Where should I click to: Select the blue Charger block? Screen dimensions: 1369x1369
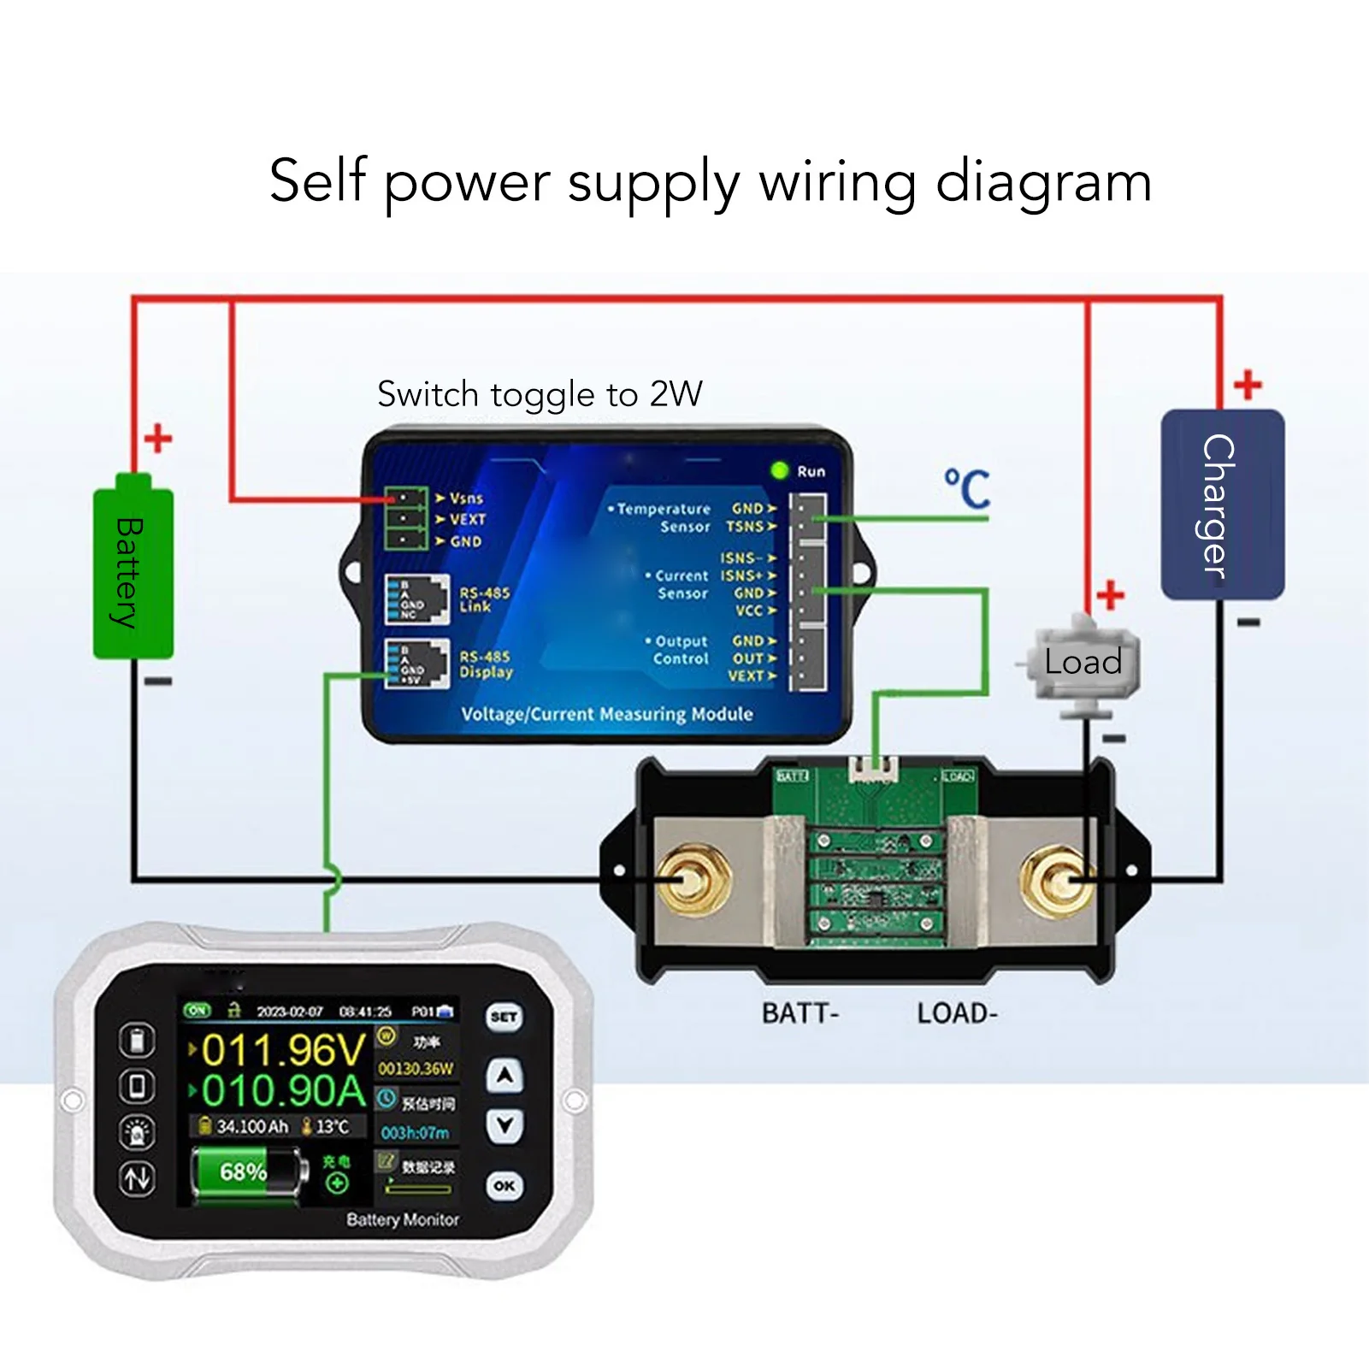click(1221, 505)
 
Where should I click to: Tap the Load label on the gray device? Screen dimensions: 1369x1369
click(1083, 662)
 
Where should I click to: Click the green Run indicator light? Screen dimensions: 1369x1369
click(779, 470)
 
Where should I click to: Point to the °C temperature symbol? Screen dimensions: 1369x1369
click(967, 489)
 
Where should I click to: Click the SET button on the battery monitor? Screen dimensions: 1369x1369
click(504, 1017)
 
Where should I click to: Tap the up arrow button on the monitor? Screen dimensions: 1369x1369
click(505, 1076)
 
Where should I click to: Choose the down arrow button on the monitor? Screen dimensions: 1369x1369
click(505, 1125)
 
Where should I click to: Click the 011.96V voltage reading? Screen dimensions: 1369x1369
click(282, 1050)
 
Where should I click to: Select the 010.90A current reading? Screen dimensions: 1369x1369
click(282, 1091)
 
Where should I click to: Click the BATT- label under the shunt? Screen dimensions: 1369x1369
click(800, 1013)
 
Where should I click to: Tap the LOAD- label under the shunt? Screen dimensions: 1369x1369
click(957, 1013)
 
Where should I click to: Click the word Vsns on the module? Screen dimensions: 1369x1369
click(466, 499)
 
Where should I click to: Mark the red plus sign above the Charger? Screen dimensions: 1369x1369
click(1248, 385)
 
